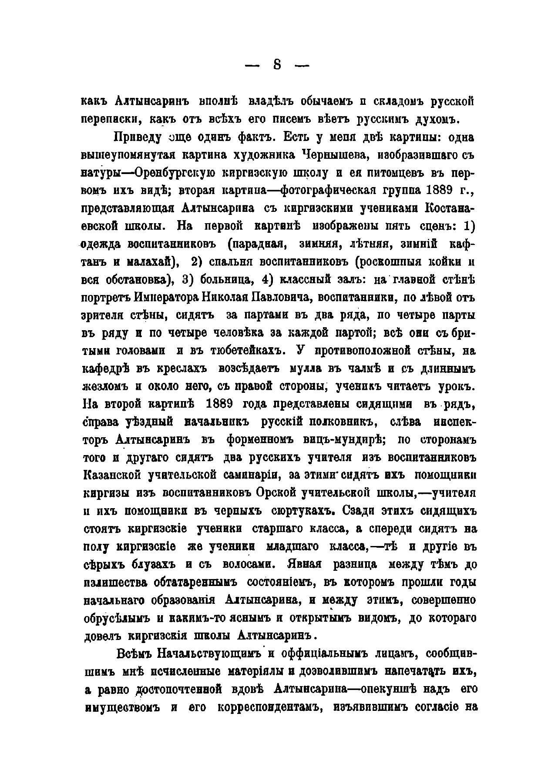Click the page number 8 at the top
(277, 65)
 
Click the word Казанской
(111, 476)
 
